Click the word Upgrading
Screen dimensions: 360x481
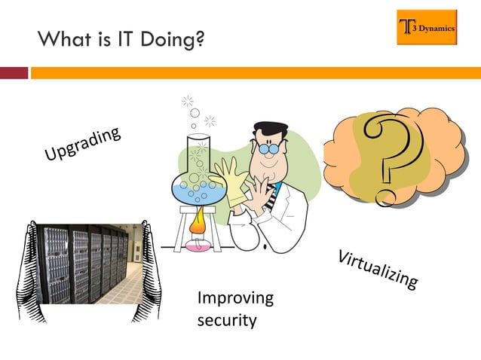tap(82, 145)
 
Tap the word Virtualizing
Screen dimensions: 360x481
tap(377, 268)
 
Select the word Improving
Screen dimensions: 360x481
tap(234, 299)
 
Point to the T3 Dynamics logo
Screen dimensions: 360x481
tap(427, 28)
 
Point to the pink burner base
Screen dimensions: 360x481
tap(200, 246)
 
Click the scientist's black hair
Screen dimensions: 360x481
tap(270, 130)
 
